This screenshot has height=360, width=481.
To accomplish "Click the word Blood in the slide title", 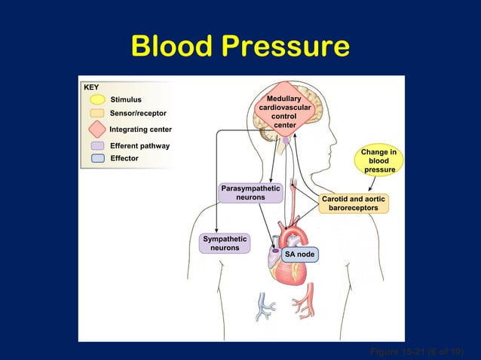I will [x=173, y=46].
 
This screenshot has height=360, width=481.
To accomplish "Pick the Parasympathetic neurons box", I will [x=250, y=192].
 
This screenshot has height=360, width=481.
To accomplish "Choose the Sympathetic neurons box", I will [x=225, y=243].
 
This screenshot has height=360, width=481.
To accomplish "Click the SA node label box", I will [x=300, y=254].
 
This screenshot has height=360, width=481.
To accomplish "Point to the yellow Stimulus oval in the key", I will [x=97, y=99].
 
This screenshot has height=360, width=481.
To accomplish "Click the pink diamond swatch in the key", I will [x=97, y=129].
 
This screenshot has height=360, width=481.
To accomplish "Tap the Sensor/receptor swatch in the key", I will [x=97, y=113].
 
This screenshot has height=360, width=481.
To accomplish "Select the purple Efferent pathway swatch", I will [x=97, y=145].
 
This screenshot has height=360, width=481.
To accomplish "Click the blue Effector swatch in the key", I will [x=97, y=158].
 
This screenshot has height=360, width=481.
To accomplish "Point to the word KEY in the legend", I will [x=91, y=87].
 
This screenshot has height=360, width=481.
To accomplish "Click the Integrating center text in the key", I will [x=141, y=130].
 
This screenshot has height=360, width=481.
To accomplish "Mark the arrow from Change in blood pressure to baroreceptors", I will [x=370, y=185].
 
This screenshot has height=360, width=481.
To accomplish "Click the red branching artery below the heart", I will [x=304, y=304].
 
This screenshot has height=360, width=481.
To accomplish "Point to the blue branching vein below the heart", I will [x=266, y=306].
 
